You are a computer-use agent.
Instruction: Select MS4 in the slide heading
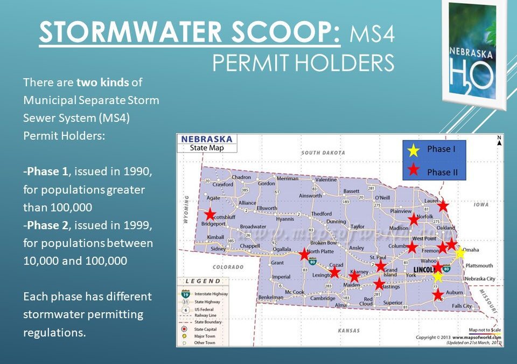tap(372, 35)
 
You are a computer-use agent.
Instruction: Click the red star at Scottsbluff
tap(209, 214)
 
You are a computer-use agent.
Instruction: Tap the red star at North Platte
tap(304, 254)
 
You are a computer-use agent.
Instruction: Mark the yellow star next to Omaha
tap(459, 253)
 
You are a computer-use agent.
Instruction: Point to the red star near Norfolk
tap(414, 219)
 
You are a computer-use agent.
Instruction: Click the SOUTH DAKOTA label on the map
tap(323, 153)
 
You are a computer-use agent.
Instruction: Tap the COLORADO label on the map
tap(228, 267)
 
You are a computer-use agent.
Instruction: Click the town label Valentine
tap(326, 180)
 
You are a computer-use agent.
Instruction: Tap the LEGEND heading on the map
tap(203, 281)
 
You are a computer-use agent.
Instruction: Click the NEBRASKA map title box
tap(207, 143)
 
